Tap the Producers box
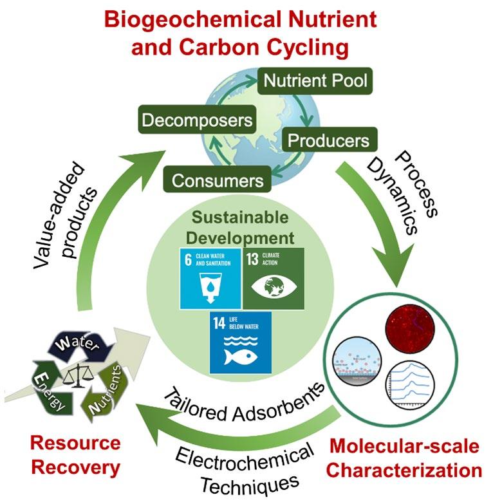[328, 140]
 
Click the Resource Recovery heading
[76, 455]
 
